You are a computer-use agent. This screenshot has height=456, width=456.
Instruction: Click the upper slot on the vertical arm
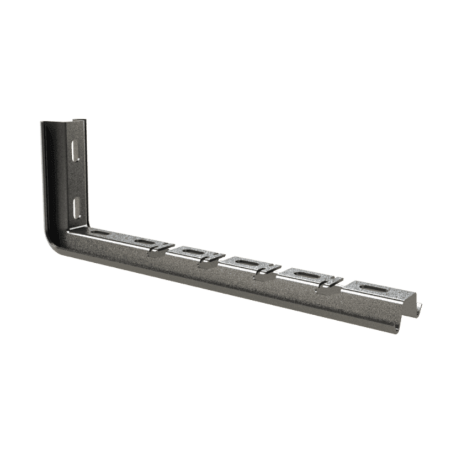click(x=76, y=152)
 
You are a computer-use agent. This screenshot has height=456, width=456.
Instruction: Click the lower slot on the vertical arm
click(x=76, y=205)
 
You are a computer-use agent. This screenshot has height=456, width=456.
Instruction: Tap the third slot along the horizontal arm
click(x=194, y=253)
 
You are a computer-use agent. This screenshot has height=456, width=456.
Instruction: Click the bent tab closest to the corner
click(x=156, y=253)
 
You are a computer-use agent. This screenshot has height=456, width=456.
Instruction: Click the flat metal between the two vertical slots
click(x=76, y=179)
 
